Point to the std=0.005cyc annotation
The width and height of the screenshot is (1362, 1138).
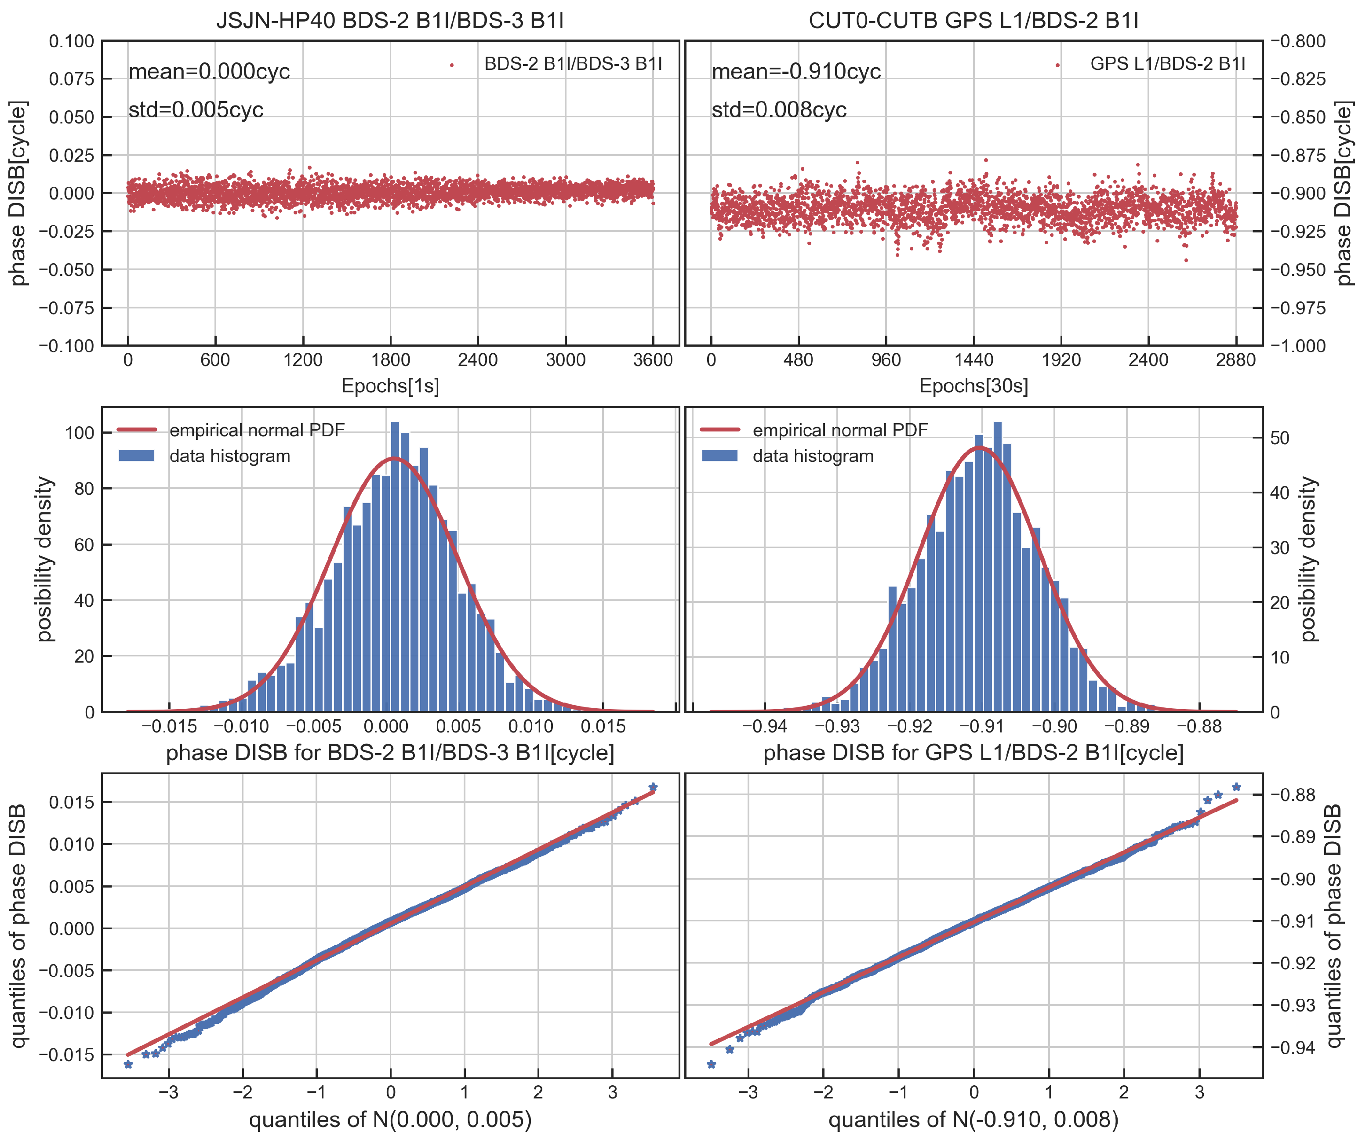[x=196, y=109]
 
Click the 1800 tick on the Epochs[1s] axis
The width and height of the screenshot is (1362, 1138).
[x=390, y=360]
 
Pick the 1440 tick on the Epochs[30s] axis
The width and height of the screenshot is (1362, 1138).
[x=973, y=360]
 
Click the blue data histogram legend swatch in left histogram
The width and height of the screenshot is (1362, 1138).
[x=137, y=456]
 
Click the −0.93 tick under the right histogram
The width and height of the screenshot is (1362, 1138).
[x=837, y=726]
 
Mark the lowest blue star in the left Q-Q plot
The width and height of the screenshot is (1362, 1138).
[x=128, y=1065]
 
